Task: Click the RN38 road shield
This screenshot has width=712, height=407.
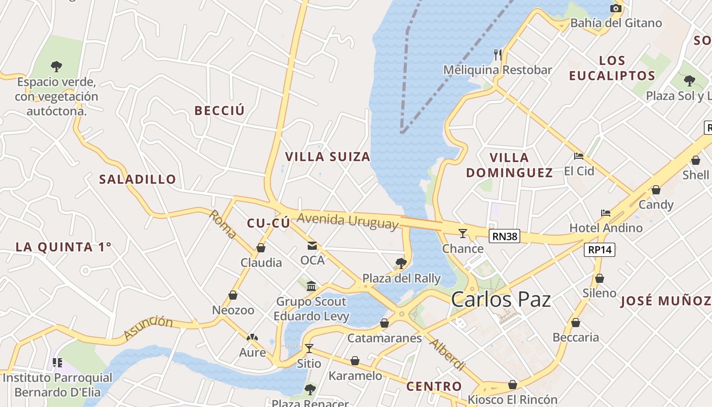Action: (505, 236)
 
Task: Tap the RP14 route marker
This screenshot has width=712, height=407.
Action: (601, 250)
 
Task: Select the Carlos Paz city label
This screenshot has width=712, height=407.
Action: (501, 299)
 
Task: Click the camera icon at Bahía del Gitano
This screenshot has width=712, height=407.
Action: (616, 8)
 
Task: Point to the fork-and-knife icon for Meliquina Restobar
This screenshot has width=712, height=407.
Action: (498, 54)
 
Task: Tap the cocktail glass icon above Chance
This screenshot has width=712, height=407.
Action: (462, 234)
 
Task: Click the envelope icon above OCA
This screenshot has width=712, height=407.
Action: (312, 246)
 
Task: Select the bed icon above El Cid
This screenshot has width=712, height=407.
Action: (578, 156)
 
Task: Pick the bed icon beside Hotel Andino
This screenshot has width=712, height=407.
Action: (605, 213)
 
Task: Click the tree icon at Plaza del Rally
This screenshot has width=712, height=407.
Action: (401, 263)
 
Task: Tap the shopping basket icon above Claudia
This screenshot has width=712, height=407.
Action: (261, 248)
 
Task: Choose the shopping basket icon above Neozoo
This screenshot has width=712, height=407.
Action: (233, 295)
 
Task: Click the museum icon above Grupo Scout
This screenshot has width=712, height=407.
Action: (311, 286)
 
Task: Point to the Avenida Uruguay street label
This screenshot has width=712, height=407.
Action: (347, 221)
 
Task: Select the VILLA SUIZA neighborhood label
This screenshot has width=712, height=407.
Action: (328, 157)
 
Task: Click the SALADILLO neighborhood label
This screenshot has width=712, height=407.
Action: (137, 179)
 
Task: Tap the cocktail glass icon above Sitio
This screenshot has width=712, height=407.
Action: (309, 348)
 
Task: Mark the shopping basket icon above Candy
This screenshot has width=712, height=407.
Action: (656, 190)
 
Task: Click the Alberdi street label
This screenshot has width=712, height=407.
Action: (448, 354)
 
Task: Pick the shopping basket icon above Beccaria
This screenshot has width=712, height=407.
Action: (576, 323)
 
